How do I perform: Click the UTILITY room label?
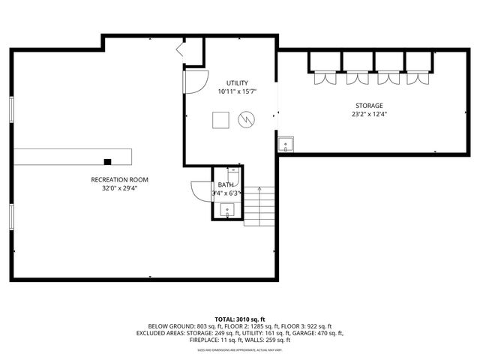[x=237, y=83]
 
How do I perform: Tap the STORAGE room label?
[x=368, y=106]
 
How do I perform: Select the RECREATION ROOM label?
[x=119, y=180]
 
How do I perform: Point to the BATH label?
[x=226, y=184]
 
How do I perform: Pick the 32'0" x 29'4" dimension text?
[x=119, y=189]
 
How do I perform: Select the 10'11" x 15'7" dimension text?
[x=237, y=92]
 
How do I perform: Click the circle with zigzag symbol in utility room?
[x=247, y=119]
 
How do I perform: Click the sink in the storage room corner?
[x=285, y=145]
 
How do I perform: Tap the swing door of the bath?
[x=202, y=191]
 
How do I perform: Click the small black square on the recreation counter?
[x=108, y=161]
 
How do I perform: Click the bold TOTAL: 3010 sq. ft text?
[x=239, y=319]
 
